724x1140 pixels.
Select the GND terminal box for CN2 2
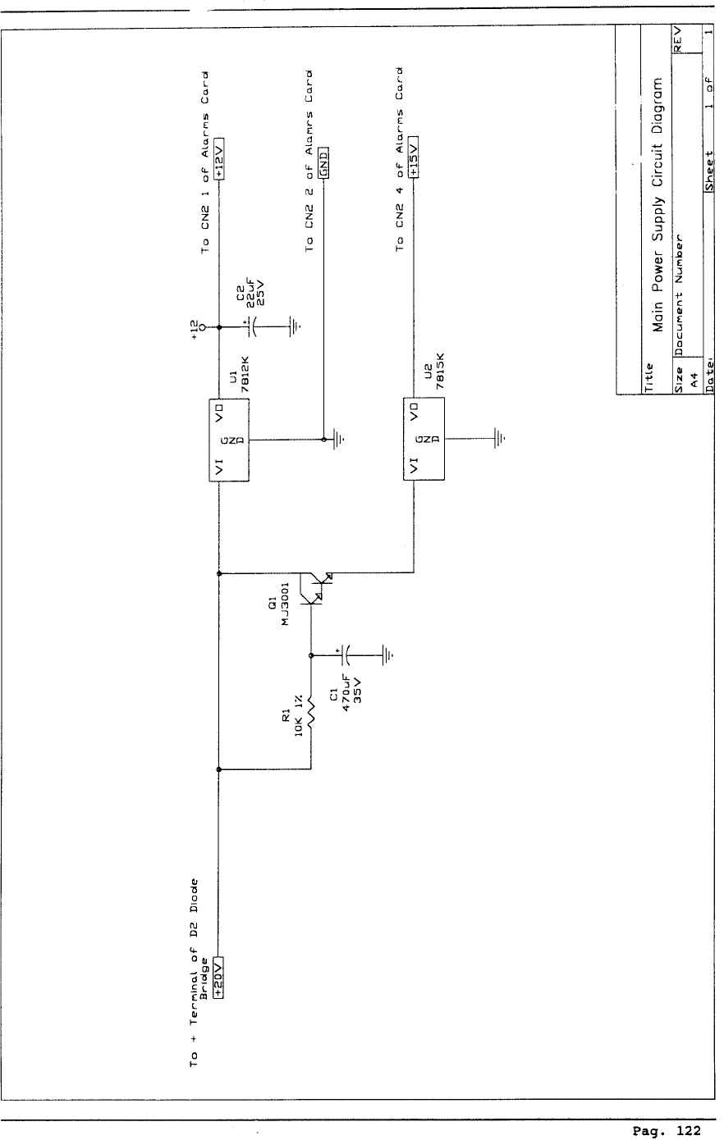323,162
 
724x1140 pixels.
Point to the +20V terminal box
218,977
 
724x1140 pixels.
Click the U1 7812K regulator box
229,440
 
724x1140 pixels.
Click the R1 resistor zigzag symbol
311,712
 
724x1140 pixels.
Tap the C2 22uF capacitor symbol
254,326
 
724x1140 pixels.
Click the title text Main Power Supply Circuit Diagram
657,204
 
